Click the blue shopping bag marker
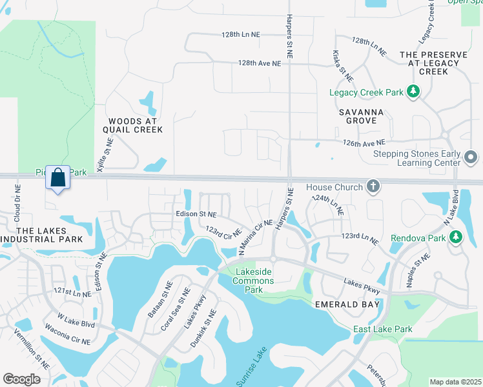[58, 177]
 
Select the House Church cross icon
[372, 187]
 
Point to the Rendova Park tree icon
[456, 237]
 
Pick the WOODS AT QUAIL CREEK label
[136, 125]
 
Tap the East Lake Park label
[383, 330]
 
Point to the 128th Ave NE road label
[260, 64]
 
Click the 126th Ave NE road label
[364, 142]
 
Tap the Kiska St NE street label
[342, 66]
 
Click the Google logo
[21, 379]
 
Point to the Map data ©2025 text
[455, 382]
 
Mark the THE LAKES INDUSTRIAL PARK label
[41, 235]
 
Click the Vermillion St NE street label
[32, 349]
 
